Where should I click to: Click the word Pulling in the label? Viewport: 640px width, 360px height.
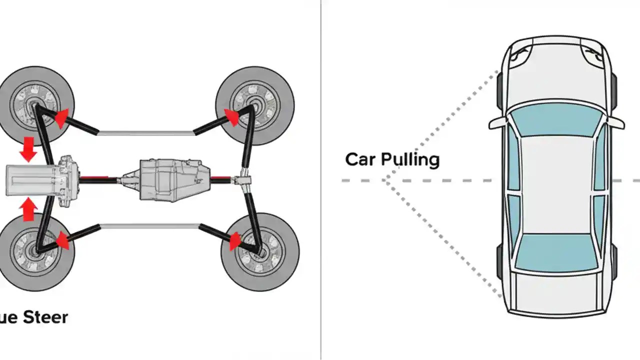click(x=410, y=160)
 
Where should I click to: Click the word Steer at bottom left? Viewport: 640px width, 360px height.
click(x=43, y=316)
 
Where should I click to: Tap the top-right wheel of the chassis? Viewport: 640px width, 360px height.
click(x=254, y=106)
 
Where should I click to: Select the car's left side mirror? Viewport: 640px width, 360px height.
click(x=497, y=123)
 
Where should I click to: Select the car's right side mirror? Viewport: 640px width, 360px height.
click(x=616, y=123)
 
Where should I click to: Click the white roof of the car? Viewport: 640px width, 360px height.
click(x=556, y=185)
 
